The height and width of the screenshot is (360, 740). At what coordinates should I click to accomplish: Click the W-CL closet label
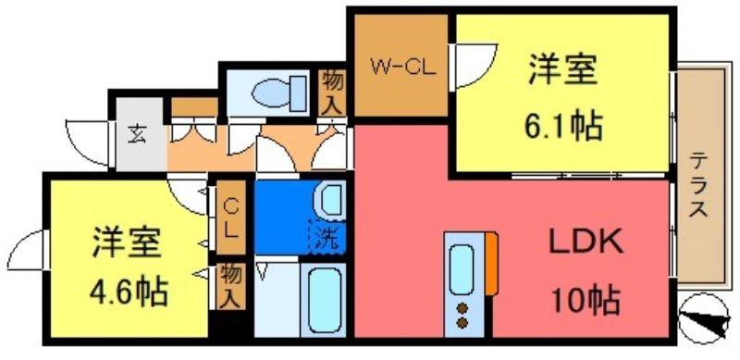click(x=402, y=68)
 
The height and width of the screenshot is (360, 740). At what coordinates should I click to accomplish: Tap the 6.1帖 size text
click(x=562, y=126)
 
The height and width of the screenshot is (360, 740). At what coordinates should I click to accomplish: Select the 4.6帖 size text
click(x=129, y=292)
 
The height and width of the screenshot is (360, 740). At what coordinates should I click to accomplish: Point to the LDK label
click(x=586, y=242)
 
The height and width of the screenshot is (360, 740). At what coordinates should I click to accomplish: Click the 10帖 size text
click(x=585, y=301)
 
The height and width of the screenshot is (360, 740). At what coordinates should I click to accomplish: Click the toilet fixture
click(x=280, y=93)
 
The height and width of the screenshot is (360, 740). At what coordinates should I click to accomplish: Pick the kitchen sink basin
click(x=461, y=270)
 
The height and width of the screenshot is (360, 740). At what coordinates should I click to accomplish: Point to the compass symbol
click(x=704, y=319)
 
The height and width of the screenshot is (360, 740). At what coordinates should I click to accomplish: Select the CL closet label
click(x=230, y=217)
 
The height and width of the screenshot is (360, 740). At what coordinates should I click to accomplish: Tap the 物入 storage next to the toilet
click(x=333, y=93)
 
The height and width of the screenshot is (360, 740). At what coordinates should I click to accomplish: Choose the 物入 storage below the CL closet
click(x=231, y=287)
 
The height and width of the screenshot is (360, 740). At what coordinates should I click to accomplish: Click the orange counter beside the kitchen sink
click(x=491, y=263)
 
